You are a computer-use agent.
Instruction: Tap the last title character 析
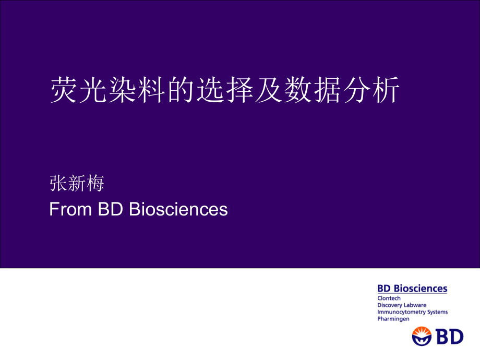[386, 90]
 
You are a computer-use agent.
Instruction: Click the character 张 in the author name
[58, 184]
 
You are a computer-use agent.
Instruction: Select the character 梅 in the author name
[95, 184]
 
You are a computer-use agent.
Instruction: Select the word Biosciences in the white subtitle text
[178, 209]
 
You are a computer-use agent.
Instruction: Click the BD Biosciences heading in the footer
[412, 289]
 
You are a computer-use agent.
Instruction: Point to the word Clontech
[389, 298]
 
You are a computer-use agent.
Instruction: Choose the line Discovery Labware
[402, 305]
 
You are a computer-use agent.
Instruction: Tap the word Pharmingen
[393, 319]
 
